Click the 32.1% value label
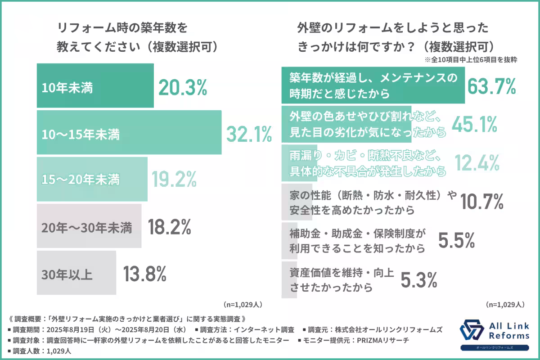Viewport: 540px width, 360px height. click(x=249, y=134)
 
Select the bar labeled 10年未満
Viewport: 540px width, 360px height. click(x=95, y=86)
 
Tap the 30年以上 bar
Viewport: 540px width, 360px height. click(x=76, y=273)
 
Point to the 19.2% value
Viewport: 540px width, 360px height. click(x=173, y=180)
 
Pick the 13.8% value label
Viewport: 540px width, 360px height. click(x=144, y=273)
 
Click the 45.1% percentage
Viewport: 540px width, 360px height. click(x=474, y=124)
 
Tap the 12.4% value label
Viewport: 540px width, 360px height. click(x=477, y=162)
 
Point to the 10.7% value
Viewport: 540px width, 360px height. click(x=482, y=202)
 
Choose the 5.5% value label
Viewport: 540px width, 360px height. click(x=456, y=241)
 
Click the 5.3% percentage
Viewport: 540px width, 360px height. click(x=418, y=280)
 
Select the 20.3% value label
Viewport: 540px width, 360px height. click(x=183, y=87)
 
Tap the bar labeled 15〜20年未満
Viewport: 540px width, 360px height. click(x=92, y=180)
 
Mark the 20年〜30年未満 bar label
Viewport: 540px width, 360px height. click(x=87, y=228)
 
